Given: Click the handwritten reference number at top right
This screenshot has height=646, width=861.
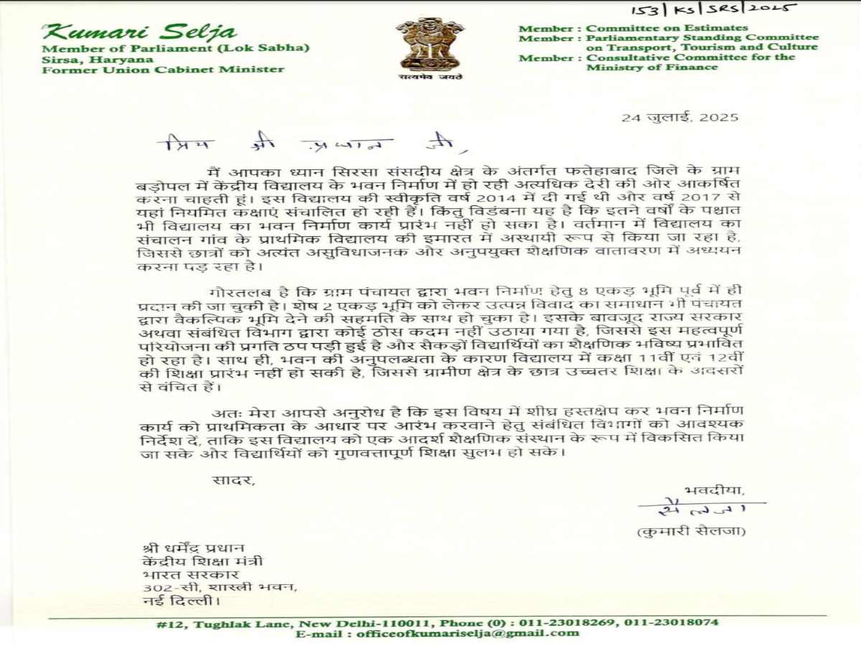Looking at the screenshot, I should (715, 9).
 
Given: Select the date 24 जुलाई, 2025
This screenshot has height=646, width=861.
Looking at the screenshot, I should (679, 118).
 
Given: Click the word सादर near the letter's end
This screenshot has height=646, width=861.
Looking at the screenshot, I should (232, 480).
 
